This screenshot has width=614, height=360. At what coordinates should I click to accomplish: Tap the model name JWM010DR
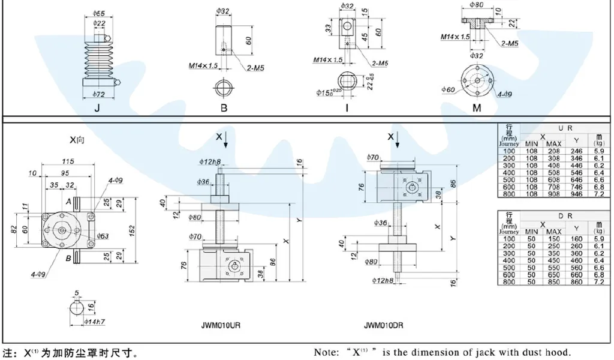(383, 326)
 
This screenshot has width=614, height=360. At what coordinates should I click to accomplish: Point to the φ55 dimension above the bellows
(100, 12)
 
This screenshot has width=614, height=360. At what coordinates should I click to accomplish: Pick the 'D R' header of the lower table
(563, 215)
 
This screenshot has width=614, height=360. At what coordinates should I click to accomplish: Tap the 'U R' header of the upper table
(563, 128)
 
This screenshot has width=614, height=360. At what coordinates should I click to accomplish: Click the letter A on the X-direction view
(69, 200)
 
